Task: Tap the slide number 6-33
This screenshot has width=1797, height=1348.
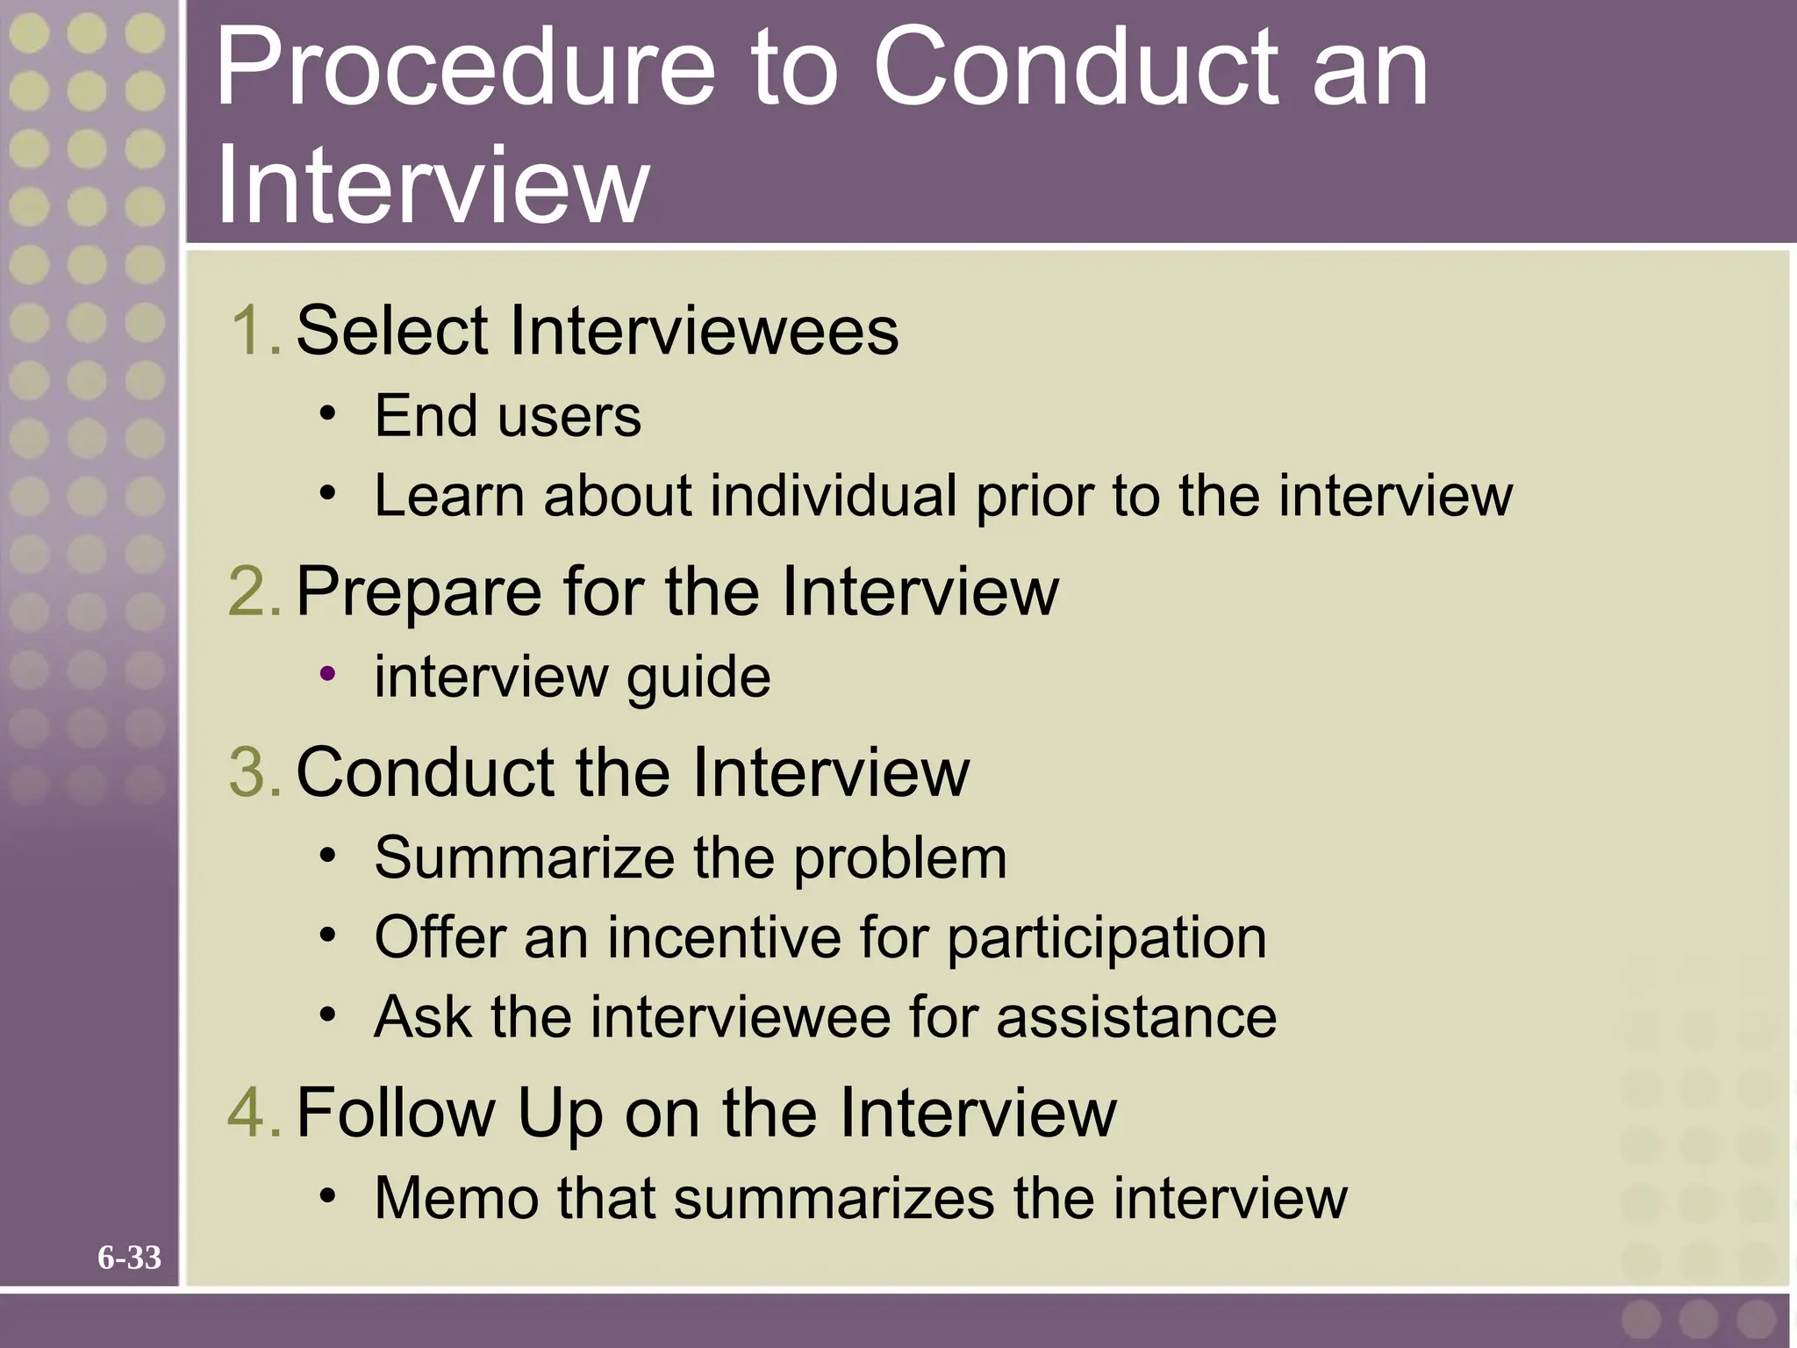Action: point(129,1258)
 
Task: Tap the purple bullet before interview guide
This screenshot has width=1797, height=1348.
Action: point(327,674)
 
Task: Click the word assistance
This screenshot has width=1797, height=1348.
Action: point(1136,1017)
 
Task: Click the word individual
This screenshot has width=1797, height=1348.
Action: point(834,496)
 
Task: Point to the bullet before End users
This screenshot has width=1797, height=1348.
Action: point(327,413)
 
